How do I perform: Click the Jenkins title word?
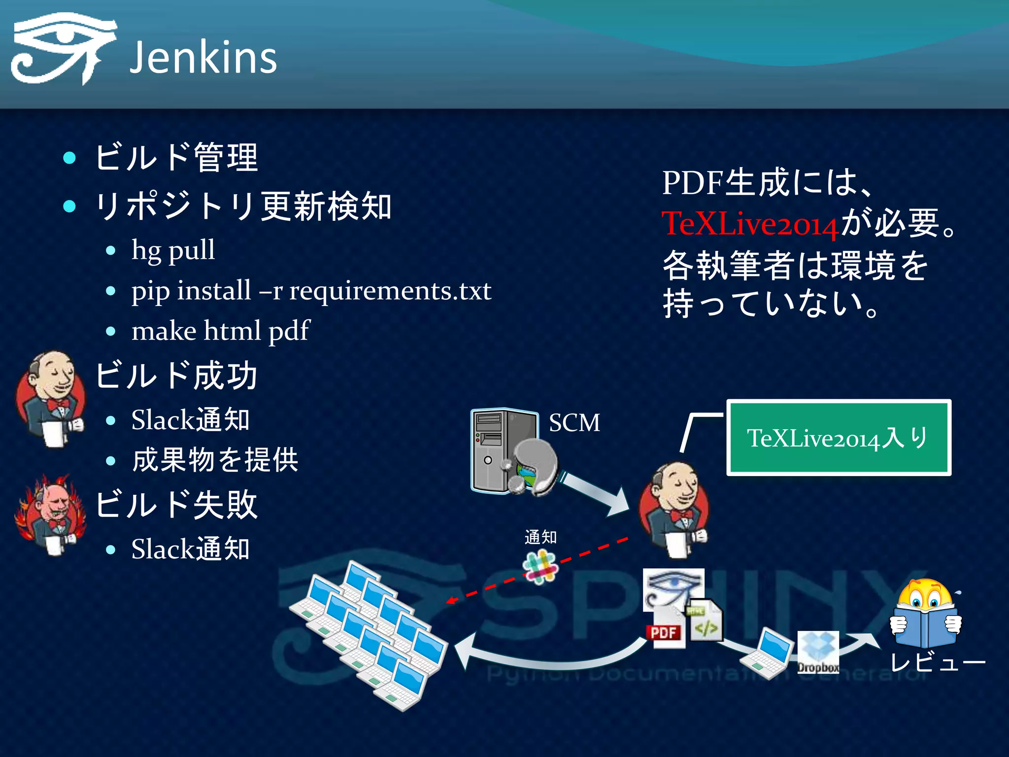coord(203,58)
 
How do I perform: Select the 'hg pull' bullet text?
coord(173,250)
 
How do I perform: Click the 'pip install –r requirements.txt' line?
coord(311,291)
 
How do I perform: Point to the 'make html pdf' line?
coord(220,331)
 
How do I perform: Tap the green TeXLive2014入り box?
coord(838,438)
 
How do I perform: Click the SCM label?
coord(574,423)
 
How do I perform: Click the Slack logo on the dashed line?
coord(540,567)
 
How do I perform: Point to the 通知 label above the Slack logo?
coord(540,537)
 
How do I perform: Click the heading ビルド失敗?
coord(176,505)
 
